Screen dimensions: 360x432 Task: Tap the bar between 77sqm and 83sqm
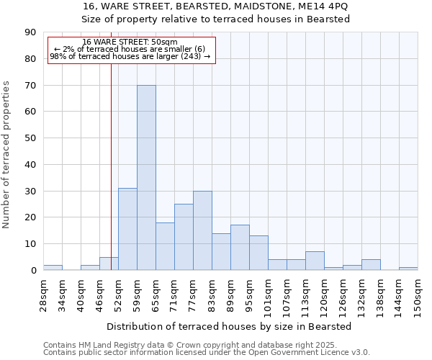pyautogui.click(x=202, y=230)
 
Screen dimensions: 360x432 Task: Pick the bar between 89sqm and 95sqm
pyautogui.click(x=240, y=248)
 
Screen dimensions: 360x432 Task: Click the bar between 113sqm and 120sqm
pyautogui.click(x=315, y=261)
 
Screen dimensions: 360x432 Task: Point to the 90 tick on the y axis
pyautogui.click(x=30, y=32)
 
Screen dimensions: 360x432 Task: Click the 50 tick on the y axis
pyautogui.click(x=30, y=138)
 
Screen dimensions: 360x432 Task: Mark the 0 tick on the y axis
pyautogui.click(x=33, y=271)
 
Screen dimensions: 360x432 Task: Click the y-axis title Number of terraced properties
pyautogui.click(x=6, y=155)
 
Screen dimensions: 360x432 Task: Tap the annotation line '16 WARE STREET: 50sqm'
pyautogui.click(x=130, y=42)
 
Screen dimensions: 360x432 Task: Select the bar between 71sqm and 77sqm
pyautogui.click(x=184, y=237)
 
